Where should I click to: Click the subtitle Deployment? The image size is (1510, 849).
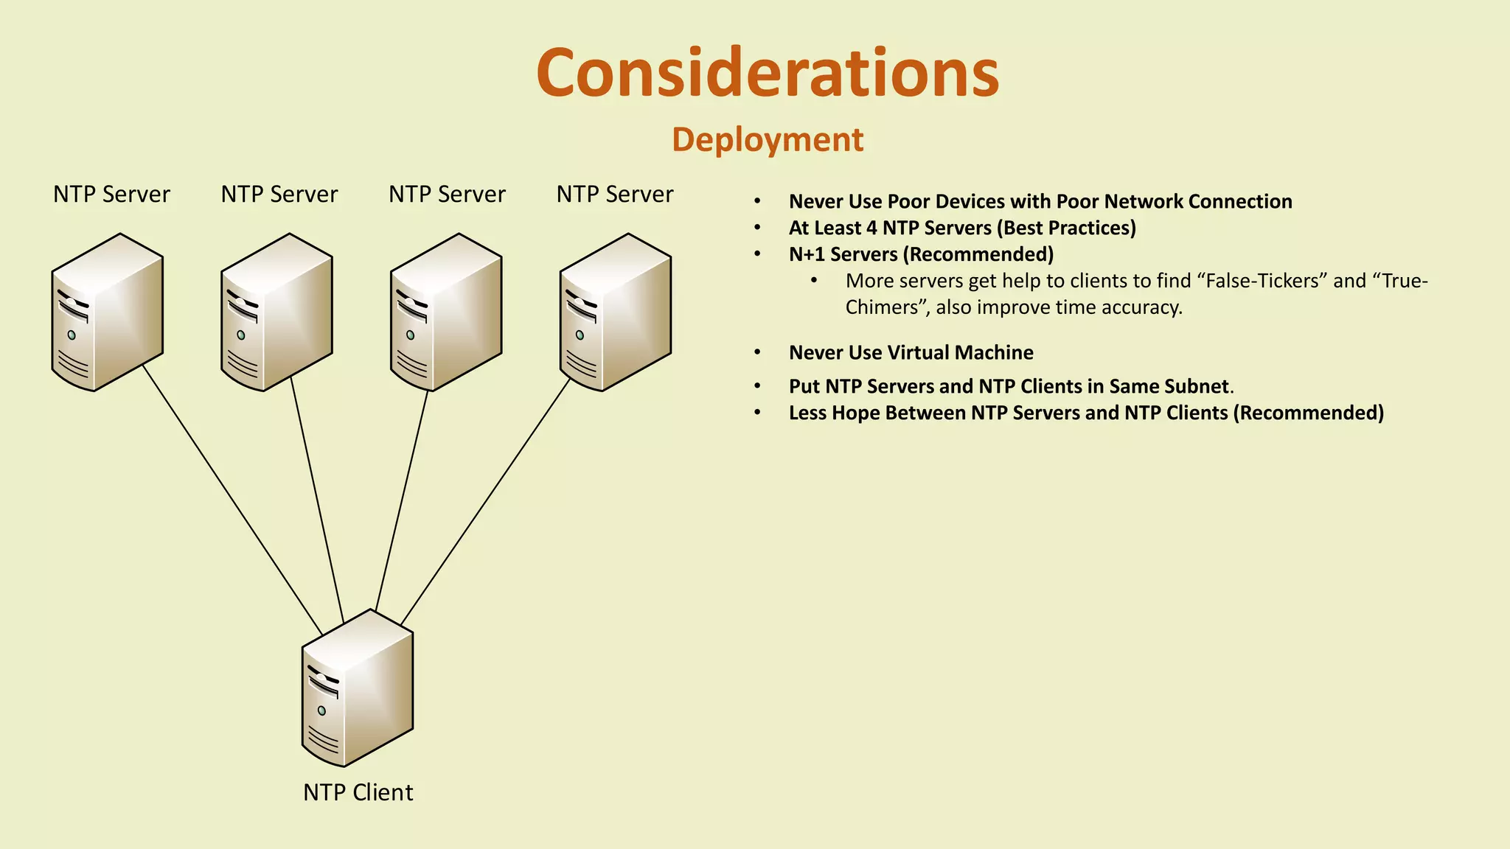(x=767, y=139)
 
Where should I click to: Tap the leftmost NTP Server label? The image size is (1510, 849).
(x=111, y=195)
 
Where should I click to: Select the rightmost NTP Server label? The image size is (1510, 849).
(x=614, y=195)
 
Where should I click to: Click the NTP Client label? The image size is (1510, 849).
(x=358, y=792)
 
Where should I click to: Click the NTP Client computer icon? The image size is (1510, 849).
(x=358, y=689)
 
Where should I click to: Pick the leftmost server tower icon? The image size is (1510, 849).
(x=108, y=312)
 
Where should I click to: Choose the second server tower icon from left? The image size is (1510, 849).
(x=276, y=312)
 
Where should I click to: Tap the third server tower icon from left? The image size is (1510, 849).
(x=446, y=312)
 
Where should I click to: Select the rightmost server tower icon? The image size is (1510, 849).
(x=615, y=312)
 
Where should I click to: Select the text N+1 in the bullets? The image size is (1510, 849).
(x=806, y=254)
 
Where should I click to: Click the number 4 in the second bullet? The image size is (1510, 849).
(x=871, y=228)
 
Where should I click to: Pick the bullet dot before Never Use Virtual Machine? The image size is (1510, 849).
(x=757, y=353)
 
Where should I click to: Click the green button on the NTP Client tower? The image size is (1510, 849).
(x=321, y=710)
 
